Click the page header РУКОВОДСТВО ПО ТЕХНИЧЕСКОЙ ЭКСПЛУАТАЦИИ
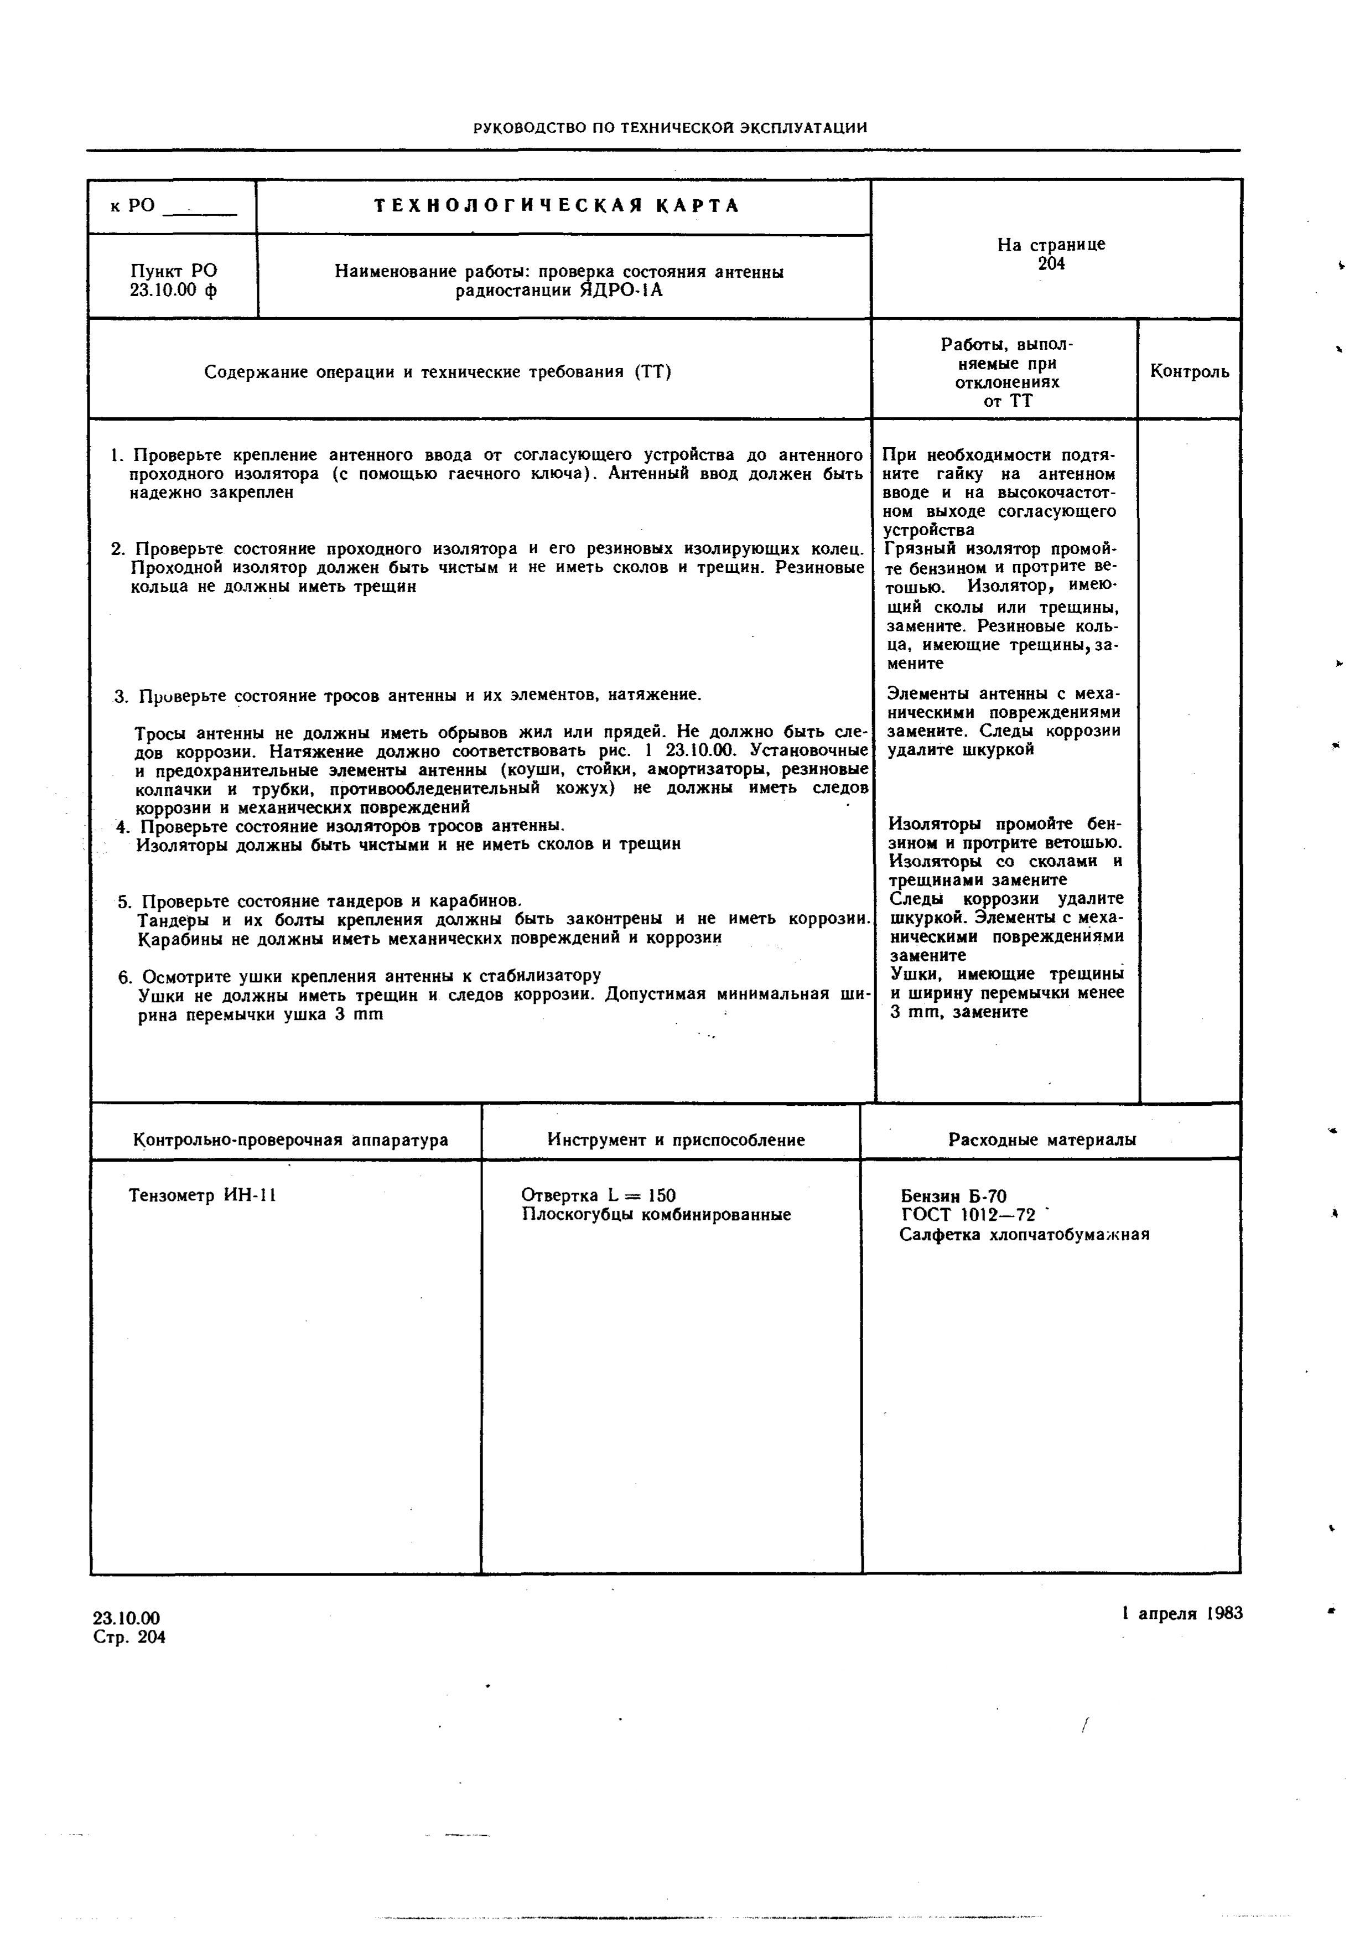click(670, 128)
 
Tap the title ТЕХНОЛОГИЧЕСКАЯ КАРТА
click(557, 205)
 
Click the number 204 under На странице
click(1051, 264)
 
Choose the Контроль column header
click(1189, 371)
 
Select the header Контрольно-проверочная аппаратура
click(290, 1140)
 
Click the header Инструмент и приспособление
click(676, 1140)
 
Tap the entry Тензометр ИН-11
click(203, 1195)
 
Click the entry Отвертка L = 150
click(598, 1195)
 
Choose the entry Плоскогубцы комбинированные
click(656, 1215)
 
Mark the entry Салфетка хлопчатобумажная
click(1024, 1235)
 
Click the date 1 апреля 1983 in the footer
click(1182, 1613)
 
